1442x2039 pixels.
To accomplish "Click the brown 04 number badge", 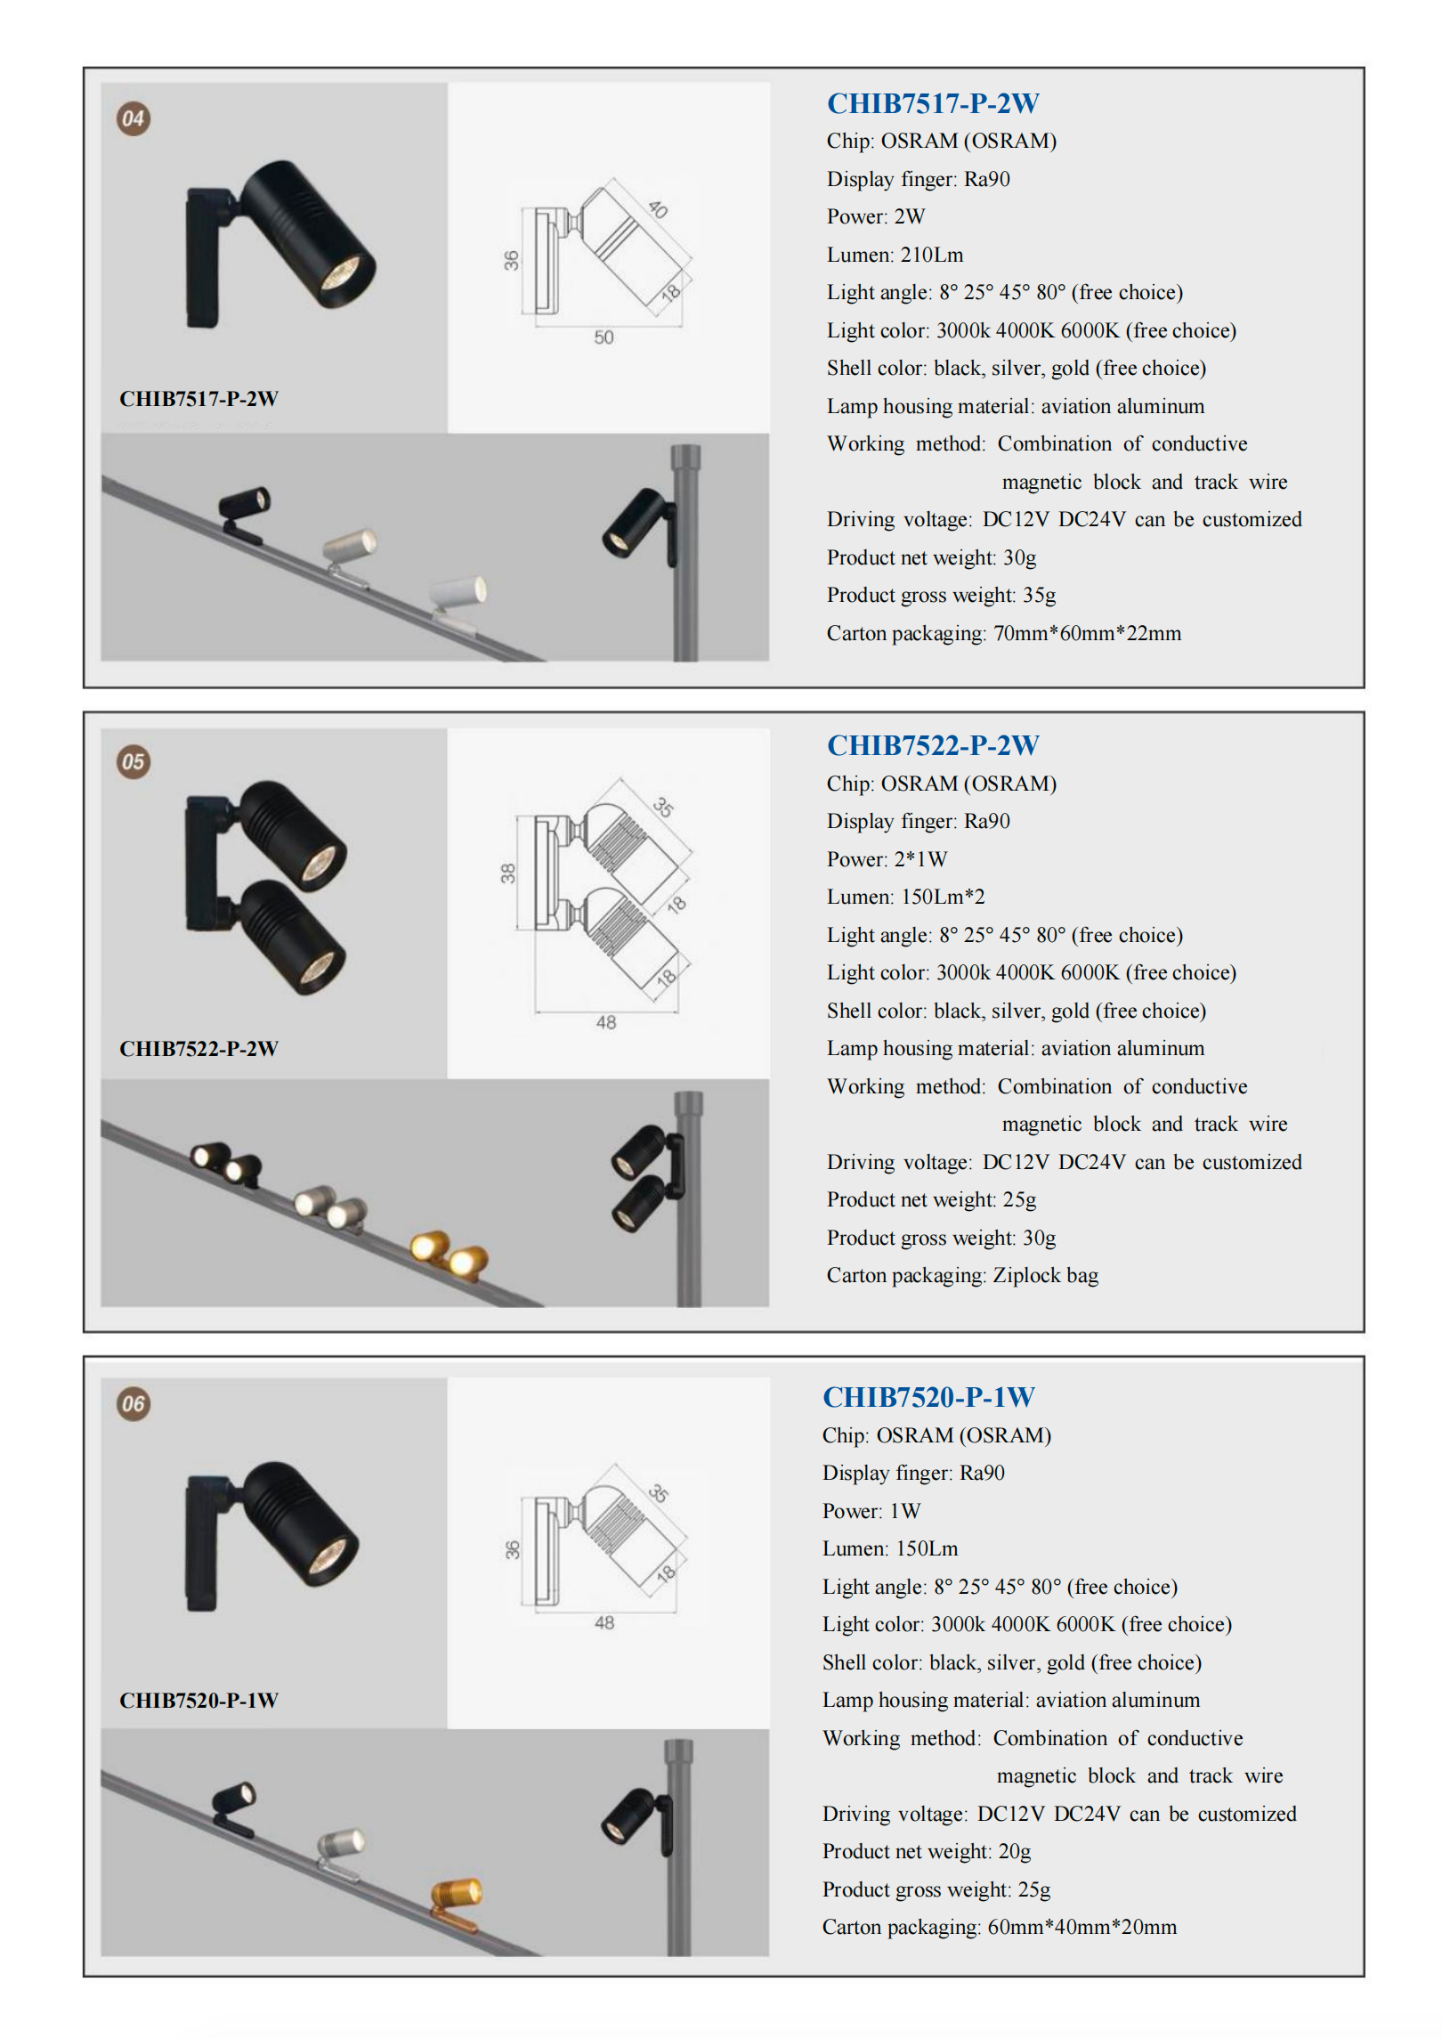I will pos(134,118).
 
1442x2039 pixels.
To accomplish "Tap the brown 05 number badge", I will pos(134,761).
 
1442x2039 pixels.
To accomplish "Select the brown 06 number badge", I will pos(134,1404).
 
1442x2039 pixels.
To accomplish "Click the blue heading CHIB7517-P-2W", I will pos(933,103).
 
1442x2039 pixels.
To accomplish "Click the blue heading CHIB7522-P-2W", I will pos(933,745).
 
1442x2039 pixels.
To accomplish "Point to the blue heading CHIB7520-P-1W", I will pos(928,1397).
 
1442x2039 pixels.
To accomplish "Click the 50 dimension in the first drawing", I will pos(604,337).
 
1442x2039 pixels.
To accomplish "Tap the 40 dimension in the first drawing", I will pos(658,209).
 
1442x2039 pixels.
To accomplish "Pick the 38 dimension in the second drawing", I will pos(507,873).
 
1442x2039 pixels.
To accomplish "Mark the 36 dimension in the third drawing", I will pos(512,1550).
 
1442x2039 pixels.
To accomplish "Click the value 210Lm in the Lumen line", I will pos(932,255).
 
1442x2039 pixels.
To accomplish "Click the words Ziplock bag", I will pos(1045,1275).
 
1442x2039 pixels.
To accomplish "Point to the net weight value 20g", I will pos(1014,1851).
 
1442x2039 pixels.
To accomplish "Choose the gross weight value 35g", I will pos(1039,595).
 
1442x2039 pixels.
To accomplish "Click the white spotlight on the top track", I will pos(459,592).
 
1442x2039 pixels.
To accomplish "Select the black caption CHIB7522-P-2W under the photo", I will pos(198,1049).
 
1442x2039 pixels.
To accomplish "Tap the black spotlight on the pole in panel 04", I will pos(634,523).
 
